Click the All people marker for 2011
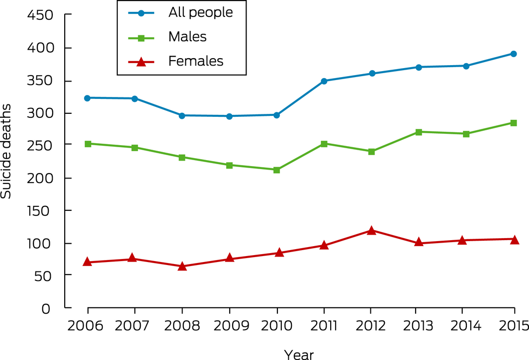324,81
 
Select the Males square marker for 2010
276,170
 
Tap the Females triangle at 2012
371,231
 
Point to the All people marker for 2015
514,54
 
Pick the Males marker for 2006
88,144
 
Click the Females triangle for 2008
182,266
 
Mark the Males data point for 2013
419,132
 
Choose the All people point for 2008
182,115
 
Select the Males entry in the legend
187,37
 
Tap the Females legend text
196,61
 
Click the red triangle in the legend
141,61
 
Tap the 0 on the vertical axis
46,308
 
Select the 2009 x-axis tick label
230,326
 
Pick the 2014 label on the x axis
462,326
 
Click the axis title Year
299,354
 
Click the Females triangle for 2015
514,240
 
